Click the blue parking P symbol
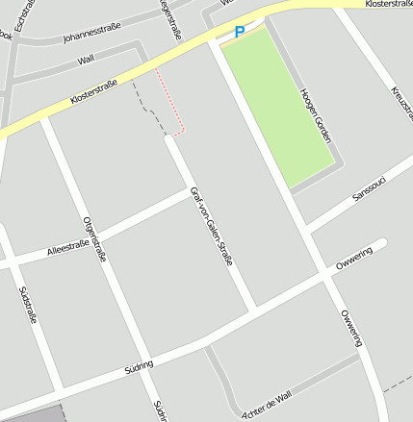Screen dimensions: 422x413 pyautogui.click(x=240, y=32)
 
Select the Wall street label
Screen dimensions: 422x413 pyautogui.click(x=86, y=60)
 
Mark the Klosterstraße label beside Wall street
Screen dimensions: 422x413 pyautogui.click(x=93, y=93)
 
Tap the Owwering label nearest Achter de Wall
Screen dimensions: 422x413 pyautogui.click(x=350, y=328)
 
